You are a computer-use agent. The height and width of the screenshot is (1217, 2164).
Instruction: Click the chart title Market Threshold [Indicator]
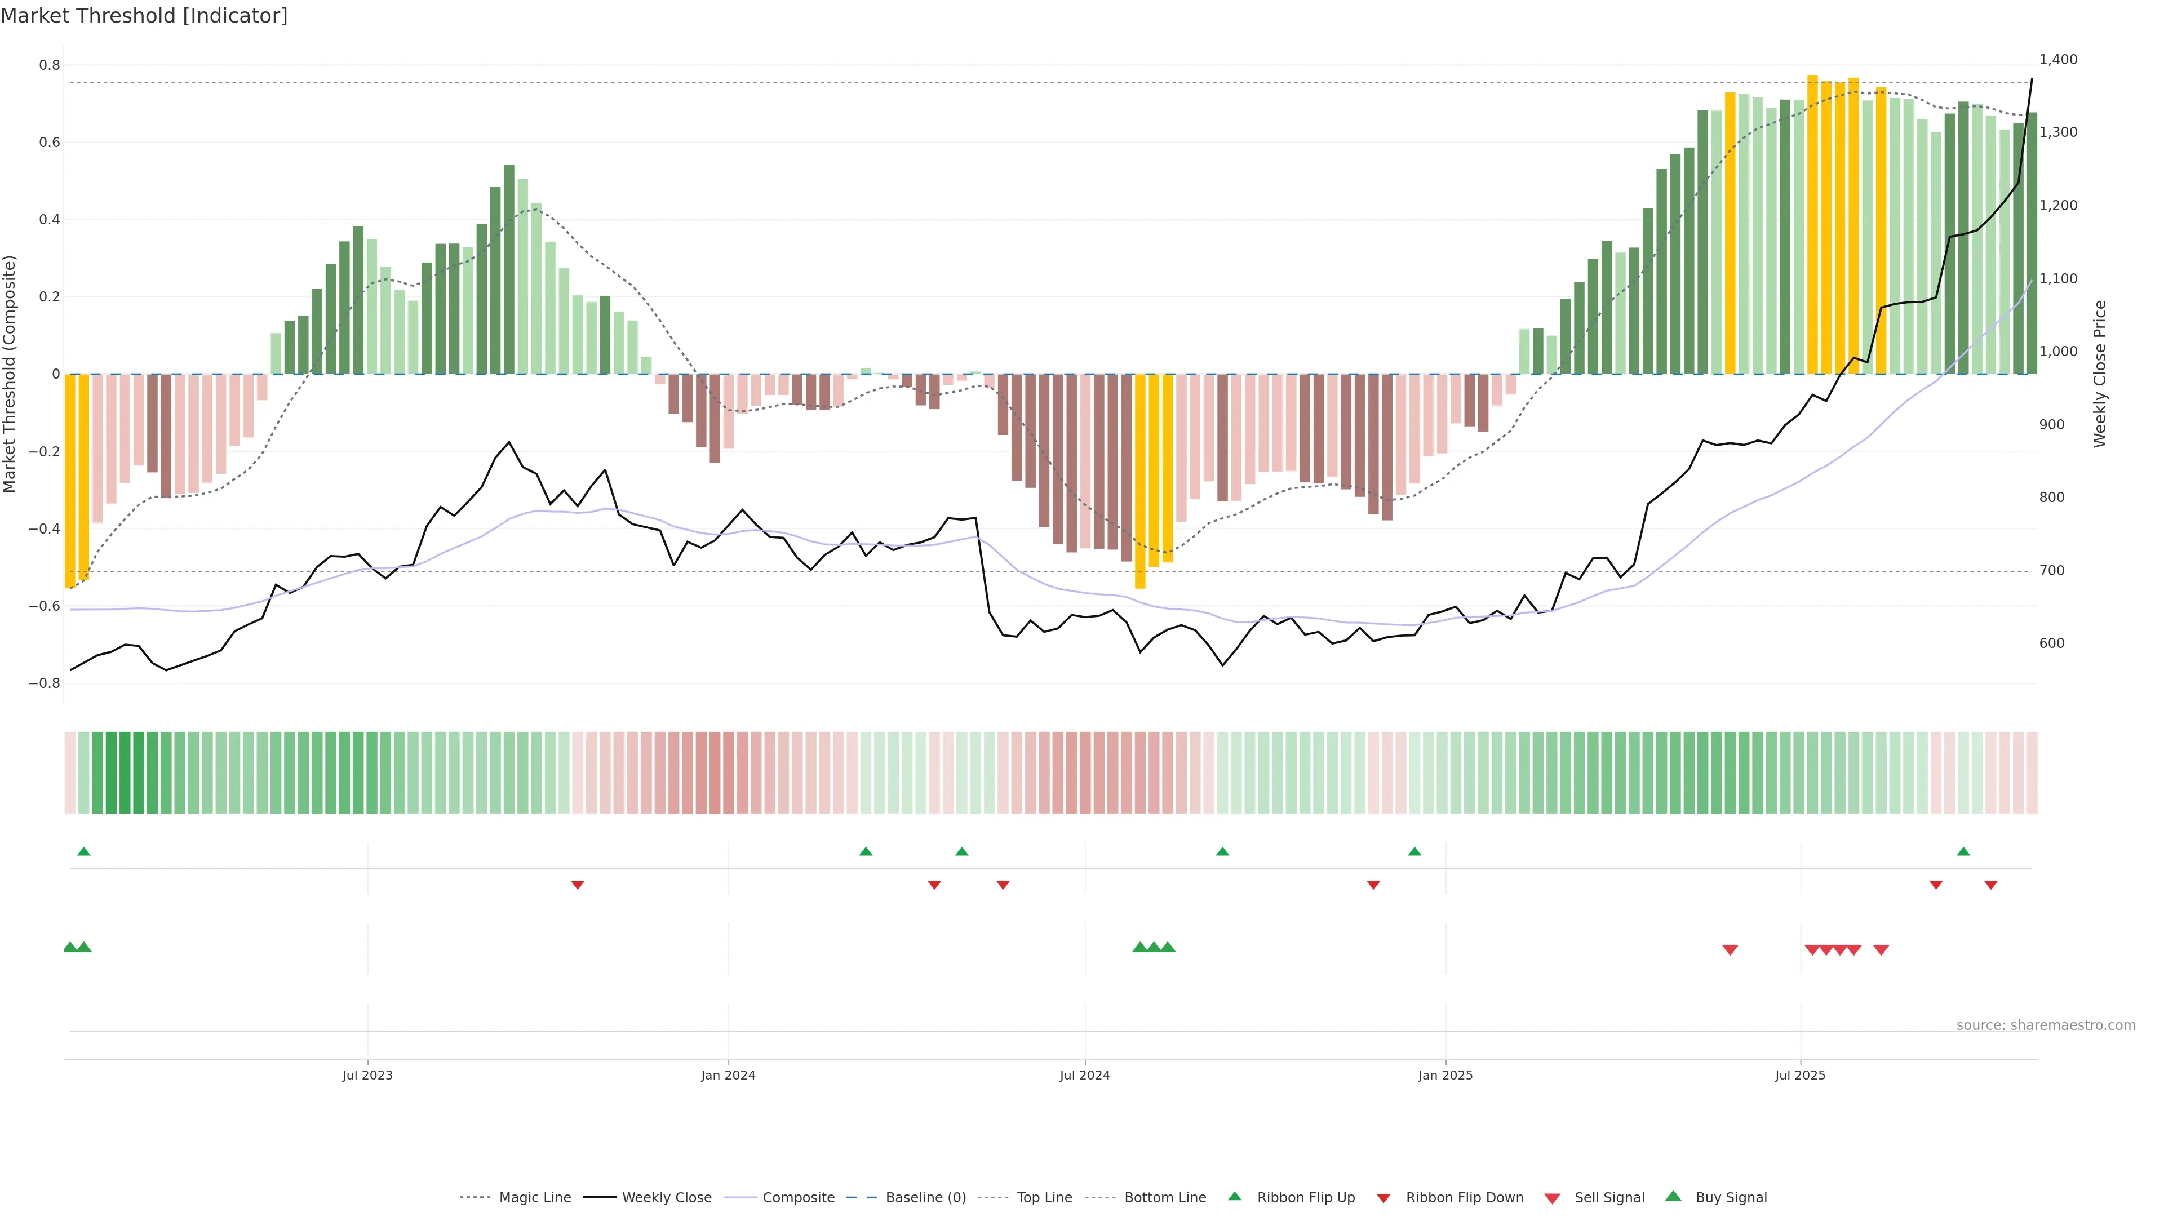(x=144, y=16)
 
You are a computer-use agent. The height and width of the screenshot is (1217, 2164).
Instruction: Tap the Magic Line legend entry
(x=534, y=1197)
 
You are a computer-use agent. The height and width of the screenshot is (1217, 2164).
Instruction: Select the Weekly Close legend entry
(x=666, y=1197)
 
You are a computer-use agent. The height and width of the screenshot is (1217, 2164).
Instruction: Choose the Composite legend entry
(x=798, y=1197)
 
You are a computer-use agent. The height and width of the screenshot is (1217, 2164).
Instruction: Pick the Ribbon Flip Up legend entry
(x=1306, y=1197)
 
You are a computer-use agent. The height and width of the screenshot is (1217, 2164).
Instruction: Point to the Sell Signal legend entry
(x=1609, y=1197)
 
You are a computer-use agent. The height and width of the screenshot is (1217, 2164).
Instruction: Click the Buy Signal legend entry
(x=1731, y=1197)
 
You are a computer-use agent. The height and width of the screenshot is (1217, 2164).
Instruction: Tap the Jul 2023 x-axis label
(x=367, y=1075)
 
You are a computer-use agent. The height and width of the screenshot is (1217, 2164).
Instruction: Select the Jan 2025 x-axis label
(x=1445, y=1075)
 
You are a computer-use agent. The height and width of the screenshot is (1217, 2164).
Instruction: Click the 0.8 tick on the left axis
(x=50, y=65)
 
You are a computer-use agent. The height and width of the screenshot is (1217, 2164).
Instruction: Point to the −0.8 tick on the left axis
(x=45, y=683)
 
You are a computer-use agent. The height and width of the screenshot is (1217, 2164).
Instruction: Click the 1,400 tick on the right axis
(x=2058, y=60)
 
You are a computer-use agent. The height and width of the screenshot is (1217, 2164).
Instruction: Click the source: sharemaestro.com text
(x=2046, y=1025)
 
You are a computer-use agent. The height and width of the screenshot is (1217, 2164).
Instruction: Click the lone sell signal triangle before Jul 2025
(x=1730, y=950)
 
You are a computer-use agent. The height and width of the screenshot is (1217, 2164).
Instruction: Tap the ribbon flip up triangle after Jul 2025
(x=1963, y=852)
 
